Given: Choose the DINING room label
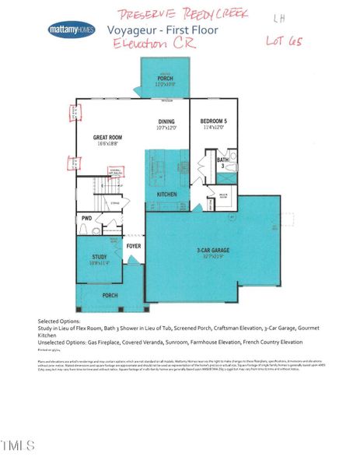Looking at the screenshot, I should pyautogui.click(x=166, y=121).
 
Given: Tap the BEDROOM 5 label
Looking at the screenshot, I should pyautogui.click(x=212, y=121).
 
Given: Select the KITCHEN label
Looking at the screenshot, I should pyautogui.click(x=166, y=194).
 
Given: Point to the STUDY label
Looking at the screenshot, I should pyautogui.click(x=99, y=256).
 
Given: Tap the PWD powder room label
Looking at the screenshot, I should pyautogui.click(x=86, y=219).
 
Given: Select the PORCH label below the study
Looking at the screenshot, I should pyautogui.click(x=109, y=295).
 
